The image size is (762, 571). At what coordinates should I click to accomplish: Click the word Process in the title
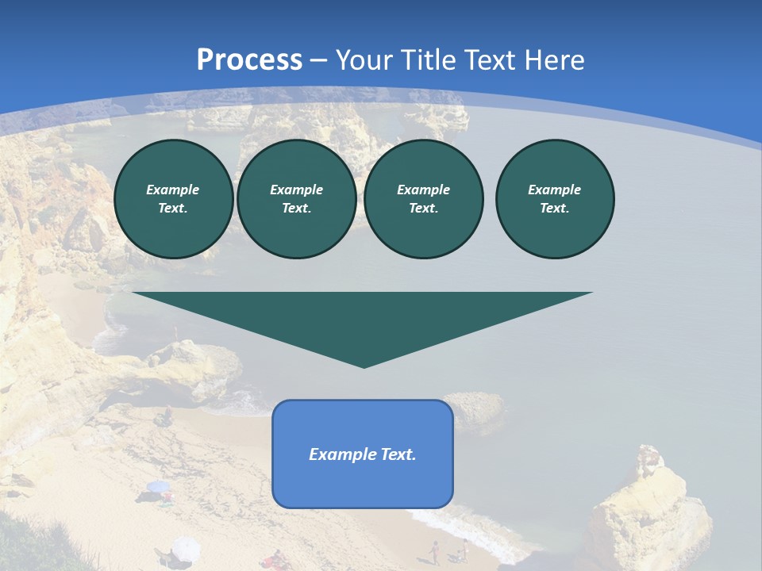tap(249, 60)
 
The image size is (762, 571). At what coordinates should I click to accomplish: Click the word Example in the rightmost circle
tap(555, 190)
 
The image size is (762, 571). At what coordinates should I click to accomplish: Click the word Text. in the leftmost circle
tap(173, 208)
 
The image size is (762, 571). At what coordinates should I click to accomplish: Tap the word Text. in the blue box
tap(398, 454)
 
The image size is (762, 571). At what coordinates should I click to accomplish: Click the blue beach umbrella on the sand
tap(159, 487)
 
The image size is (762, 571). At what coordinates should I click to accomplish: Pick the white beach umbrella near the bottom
tap(185, 547)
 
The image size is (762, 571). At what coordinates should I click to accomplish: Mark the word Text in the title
tap(493, 60)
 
